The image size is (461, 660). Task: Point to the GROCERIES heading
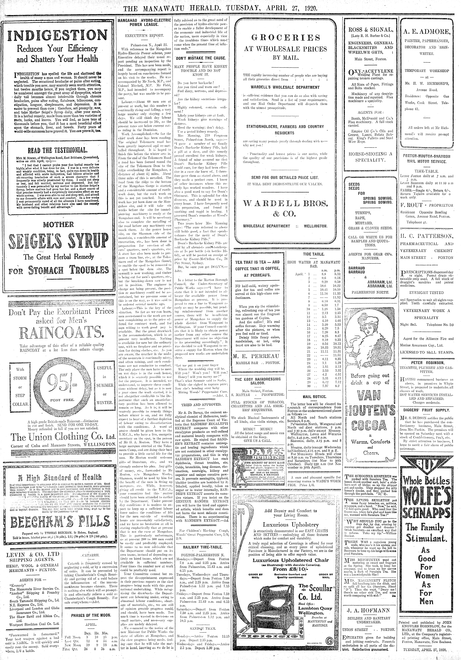[286, 38]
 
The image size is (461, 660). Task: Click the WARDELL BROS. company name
[286, 204]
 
